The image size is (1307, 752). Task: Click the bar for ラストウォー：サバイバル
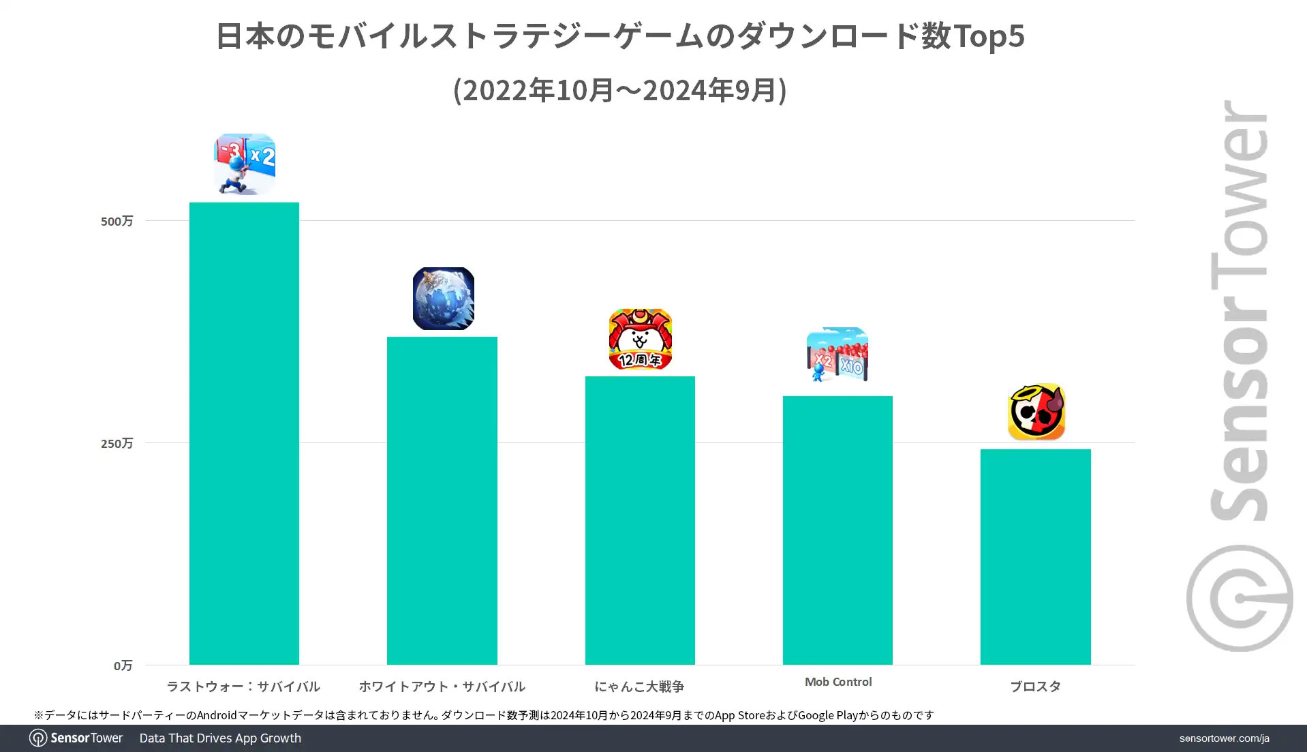click(244, 433)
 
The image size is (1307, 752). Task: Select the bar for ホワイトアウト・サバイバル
click(442, 500)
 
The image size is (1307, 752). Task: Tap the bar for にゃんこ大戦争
click(640, 520)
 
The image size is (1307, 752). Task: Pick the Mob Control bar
click(837, 530)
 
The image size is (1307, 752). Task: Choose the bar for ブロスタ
click(1035, 556)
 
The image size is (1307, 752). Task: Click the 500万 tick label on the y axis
click(117, 221)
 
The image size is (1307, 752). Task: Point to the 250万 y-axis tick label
click(117, 443)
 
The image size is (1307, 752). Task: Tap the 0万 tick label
click(123, 665)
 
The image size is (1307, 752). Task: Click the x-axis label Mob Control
click(838, 682)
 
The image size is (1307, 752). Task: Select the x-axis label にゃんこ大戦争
click(639, 687)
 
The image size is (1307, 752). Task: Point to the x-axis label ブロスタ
click(1035, 687)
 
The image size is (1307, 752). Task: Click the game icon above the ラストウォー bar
click(245, 164)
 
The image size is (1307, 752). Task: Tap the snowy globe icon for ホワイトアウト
click(443, 299)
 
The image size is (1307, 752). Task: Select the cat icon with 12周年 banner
click(640, 340)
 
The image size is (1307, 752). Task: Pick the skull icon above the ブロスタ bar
click(1036, 412)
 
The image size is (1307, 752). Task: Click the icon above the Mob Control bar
click(837, 355)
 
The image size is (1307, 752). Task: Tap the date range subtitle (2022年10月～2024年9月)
click(620, 90)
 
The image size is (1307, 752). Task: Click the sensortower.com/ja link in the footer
click(1224, 738)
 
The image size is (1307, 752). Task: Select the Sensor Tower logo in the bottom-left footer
click(76, 738)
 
